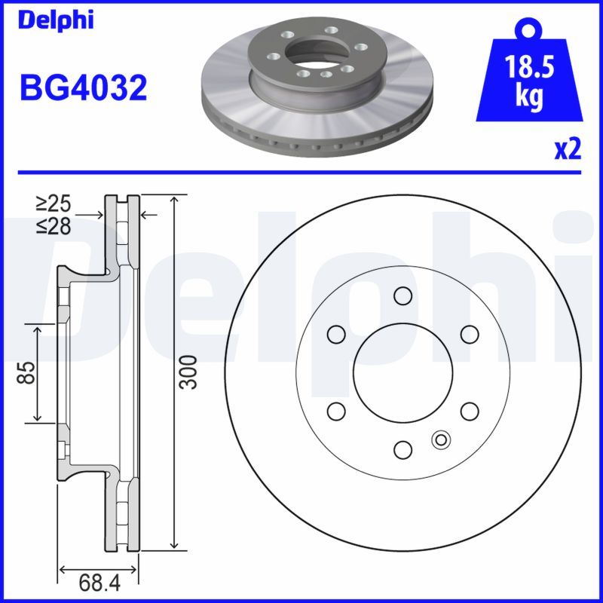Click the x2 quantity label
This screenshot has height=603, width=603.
coord(568,149)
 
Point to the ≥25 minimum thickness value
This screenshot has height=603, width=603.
coord(53,203)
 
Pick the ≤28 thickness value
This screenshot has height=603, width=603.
coord(53,225)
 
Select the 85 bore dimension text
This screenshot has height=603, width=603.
coord(27,372)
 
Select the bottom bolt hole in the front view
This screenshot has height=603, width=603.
coord(403,449)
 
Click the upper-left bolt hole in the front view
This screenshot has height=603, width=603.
coord(336,333)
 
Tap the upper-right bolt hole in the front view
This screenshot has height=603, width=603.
coord(470,333)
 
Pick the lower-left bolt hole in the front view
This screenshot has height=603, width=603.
coord(336,411)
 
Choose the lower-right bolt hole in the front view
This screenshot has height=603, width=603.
coord(470,411)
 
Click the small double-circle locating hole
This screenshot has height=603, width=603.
coord(440,438)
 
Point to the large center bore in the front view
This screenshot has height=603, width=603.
coord(403,372)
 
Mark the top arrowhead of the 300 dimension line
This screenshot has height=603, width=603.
coord(175,199)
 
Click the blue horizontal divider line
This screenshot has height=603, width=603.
coord(301,172)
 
